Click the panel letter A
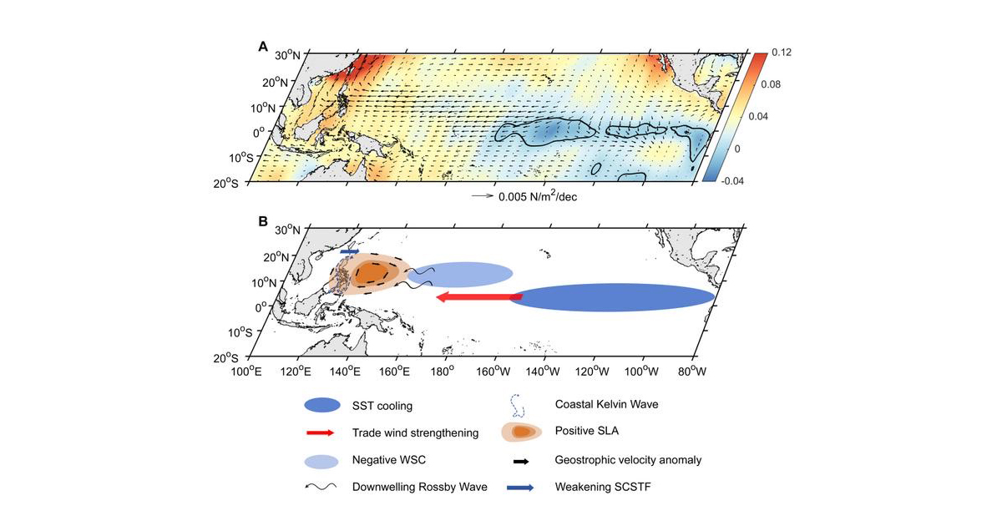pos(263,47)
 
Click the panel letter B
pos(263,221)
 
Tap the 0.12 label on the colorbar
pos(782,53)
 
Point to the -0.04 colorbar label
pos(732,181)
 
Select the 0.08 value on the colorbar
pos(771,84)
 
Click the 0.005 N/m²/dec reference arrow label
pos(538,196)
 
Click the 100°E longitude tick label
pos(246,372)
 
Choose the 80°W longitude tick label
pos(692,372)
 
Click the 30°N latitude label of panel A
pos(287,55)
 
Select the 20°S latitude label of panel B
pos(226,358)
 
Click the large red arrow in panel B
pos(479,297)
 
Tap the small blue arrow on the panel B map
pos(349,252)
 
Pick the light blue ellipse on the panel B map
pos(460,275)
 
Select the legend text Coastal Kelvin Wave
pos(606,404)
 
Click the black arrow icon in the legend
pos(521,461)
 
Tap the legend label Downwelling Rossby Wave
pos(419,487)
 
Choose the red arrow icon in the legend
pos(321,433)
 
